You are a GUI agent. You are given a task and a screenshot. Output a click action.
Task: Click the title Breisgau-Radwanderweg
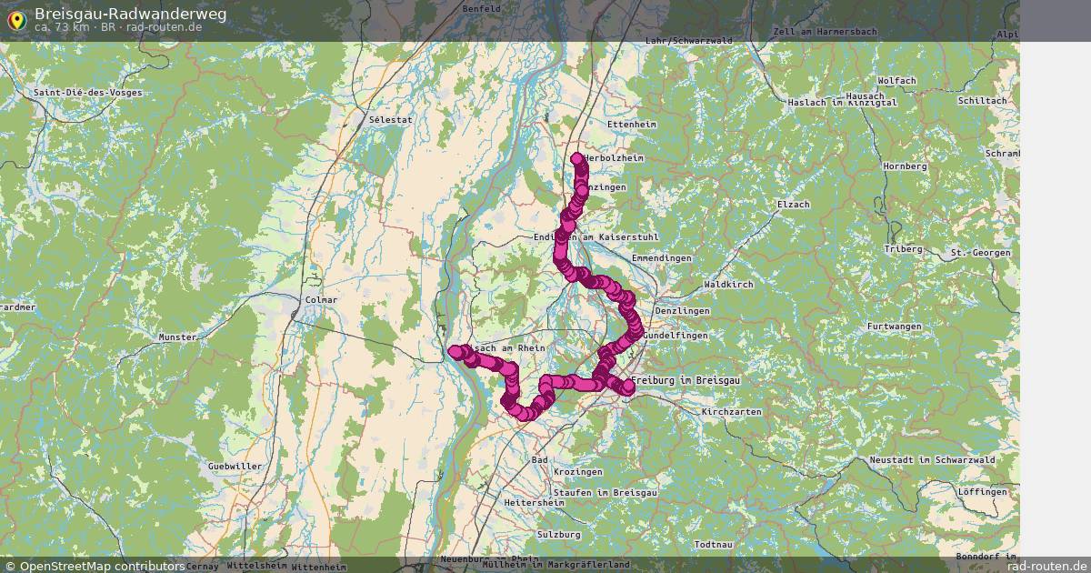pyautogui.click(x=131, y=14)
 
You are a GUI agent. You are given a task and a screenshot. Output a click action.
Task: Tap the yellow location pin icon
pyautogui.click(x=16, y=20)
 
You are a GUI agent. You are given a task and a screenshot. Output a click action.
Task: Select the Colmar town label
pyautogui.click(x=322, y=300)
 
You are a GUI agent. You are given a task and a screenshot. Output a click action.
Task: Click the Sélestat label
pyautogui.click(x=390, y=119)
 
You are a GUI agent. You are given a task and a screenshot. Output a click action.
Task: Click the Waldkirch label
pyautogui.click(x=729, y=286)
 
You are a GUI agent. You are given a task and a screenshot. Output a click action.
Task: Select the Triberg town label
pyautogui.click(x=904, y=249)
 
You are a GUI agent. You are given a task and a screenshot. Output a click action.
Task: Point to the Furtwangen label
pyautogui.click(x=894, y=327)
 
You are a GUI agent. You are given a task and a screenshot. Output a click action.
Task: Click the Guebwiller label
pyautogui.click(x=235, y=467)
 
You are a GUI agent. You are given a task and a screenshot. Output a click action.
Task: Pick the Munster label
pyautogui.click(x=177, y=337)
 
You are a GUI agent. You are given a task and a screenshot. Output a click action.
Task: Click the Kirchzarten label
pyautogui.click(x=731, y=412)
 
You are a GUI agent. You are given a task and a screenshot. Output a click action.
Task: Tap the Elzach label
pyautogui.click(x=793, y=205)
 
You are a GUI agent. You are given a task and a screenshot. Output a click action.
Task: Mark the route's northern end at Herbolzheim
pyautogui.click(x=577, y=160)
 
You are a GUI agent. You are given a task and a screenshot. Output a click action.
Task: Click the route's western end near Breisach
pyautogui.click(x=455, y=351)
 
